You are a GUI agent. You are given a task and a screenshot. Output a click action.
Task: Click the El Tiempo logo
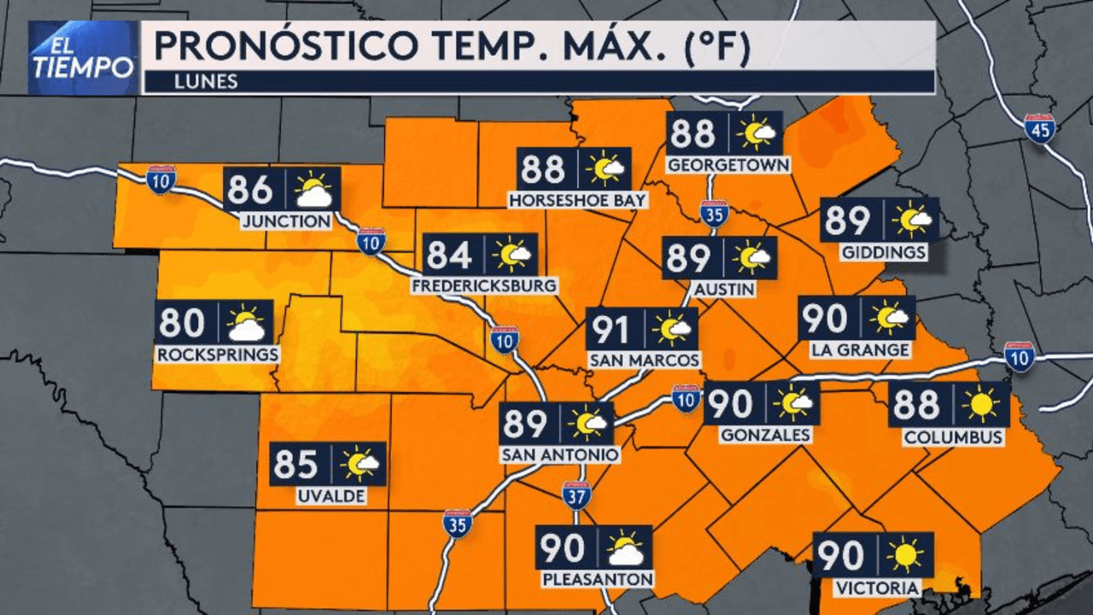coord(83,57)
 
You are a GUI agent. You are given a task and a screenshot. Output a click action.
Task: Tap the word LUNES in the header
coord(203,83)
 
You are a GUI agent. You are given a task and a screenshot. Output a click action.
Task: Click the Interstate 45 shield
coord(1039,128)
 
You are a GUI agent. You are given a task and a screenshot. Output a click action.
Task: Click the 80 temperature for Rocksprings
coord(182,323)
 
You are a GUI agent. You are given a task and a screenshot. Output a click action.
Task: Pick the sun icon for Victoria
coord(905,555)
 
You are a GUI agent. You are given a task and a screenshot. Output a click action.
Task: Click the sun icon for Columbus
coord(980,403)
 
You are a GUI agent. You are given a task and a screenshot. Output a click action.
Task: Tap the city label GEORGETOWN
coord(728,164)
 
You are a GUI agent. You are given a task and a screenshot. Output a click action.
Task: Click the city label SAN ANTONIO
coord(560,454)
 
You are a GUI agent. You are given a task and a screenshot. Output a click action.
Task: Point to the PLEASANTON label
coord(598,579)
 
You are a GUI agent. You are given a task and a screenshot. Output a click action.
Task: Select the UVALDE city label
coord(331,495)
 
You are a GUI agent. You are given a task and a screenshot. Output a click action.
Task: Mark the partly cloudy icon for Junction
coord(313,190)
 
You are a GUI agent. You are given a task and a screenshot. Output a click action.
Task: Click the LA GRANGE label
coord(861,350)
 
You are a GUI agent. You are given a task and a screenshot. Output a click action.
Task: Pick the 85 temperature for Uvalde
coord(297,465)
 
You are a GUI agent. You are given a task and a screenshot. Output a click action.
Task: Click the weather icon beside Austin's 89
coord(752,256)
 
